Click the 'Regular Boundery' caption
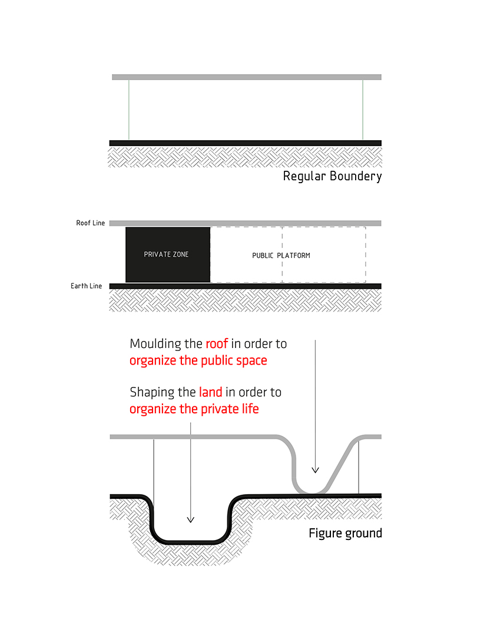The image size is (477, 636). pos(332,176)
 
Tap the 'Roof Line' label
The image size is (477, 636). pos(90,223)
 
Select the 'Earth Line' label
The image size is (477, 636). pos(86,286)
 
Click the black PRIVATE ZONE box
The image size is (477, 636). pos(168,254)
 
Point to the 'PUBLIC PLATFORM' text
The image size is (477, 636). pos(281,256)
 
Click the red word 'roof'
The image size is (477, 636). pos(216,343)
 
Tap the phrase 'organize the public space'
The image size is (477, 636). pos(198,360)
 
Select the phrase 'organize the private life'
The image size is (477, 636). pos(194,409)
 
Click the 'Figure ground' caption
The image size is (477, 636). pos(345,534)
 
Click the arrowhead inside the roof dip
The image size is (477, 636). pos(315,470)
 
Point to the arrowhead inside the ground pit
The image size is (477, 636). pos(190,519)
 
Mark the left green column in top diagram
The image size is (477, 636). pos(129,110)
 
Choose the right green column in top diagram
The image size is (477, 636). pos(363,110)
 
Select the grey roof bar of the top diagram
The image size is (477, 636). pos(247,77)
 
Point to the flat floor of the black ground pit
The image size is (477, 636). pos(190,539)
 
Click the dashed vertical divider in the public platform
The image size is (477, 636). pos(283,254)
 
